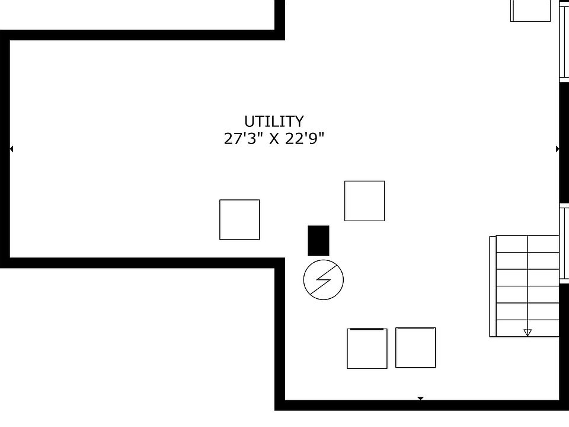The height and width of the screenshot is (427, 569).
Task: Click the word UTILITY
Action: click(x=274, y=122)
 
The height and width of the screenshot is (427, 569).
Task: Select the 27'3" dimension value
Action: click(x=241, y=139)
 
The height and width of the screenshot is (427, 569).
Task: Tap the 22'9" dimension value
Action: click(x=305, y=139)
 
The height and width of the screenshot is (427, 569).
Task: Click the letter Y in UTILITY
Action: click(x=298, y=122)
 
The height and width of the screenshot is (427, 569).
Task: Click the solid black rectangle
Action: click(x=318, y=241)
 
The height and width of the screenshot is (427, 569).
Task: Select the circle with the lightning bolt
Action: click(x=324, y=279)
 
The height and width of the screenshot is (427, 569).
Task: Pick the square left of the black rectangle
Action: click(x=239, y=219)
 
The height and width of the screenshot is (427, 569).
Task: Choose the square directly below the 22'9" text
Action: click(x=365, y=201)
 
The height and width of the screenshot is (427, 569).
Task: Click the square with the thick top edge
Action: click(x=367, y=348)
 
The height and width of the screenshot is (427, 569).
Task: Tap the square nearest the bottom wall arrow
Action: click(x=415, y=348)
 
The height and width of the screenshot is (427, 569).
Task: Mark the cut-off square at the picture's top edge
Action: click(x=530, y=10)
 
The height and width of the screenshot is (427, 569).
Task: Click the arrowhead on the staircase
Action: click(x=528, y=332)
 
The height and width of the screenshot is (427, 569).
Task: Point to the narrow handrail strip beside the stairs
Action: click(x=493, y=286)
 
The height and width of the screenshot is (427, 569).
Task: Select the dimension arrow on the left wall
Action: click(x=11, y=149)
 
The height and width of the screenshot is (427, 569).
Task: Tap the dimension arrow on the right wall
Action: click(x=557, y=149)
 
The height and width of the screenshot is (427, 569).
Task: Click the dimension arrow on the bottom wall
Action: click(x=421, y=399)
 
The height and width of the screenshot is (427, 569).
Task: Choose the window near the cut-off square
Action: click(x=564, y=42)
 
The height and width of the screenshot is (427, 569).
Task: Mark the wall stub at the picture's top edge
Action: click(x=280, y=15)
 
